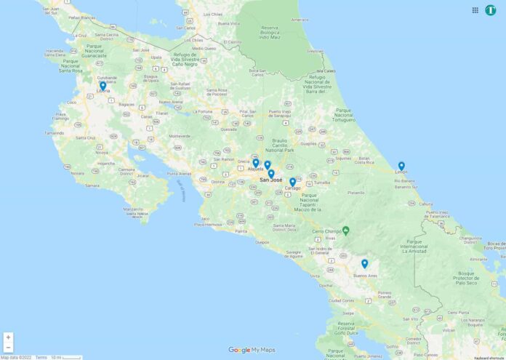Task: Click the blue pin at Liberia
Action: tap(103, 85)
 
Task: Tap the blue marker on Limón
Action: tap(401, 165)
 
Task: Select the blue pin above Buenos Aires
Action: tap(364, 263)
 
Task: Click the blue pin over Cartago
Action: tap(292, 182)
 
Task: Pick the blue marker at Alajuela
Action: tap(255, 163)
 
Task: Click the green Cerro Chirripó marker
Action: tap(346, 231)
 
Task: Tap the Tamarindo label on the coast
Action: tap(54, 133)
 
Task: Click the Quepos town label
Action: tap(262, 242)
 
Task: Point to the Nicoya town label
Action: tap(102, 153)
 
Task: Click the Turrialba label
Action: tap(322, 183)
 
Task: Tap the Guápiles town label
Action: tap(309, 143)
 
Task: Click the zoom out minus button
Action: tap(8, 348)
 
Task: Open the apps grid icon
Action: tap(475, 10)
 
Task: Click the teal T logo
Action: tap(491, 10)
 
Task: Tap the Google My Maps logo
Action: tap(252, 350)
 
